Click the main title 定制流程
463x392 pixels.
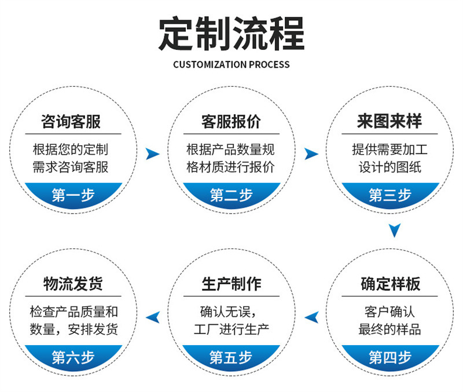coord(231,34)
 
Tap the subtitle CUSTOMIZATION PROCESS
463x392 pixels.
coord(231,64)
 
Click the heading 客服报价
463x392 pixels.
coord(231,122)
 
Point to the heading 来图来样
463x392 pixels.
coord(389,122)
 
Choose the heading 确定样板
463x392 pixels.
coord(389,284)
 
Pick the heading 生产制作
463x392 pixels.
coord(231,284)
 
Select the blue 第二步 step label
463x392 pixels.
coord(231,195)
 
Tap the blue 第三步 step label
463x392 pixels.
coord(389,195)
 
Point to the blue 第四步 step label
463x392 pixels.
coord(389,357)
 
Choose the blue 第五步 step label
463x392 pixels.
coord(231,357)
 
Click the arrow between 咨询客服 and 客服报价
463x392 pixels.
coord(152,153)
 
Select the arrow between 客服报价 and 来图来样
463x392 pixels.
coord(311,153)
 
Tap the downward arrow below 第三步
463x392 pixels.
coord(394,231)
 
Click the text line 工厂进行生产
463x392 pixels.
coord(231,330)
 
